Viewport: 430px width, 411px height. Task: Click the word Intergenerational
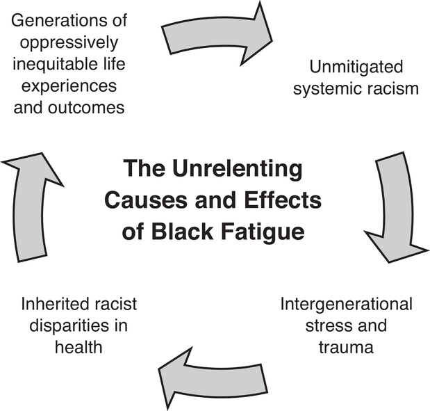coord(347,305)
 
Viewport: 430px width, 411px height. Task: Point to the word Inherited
coord(56,305)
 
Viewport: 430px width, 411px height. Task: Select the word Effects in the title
coord(281,200)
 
